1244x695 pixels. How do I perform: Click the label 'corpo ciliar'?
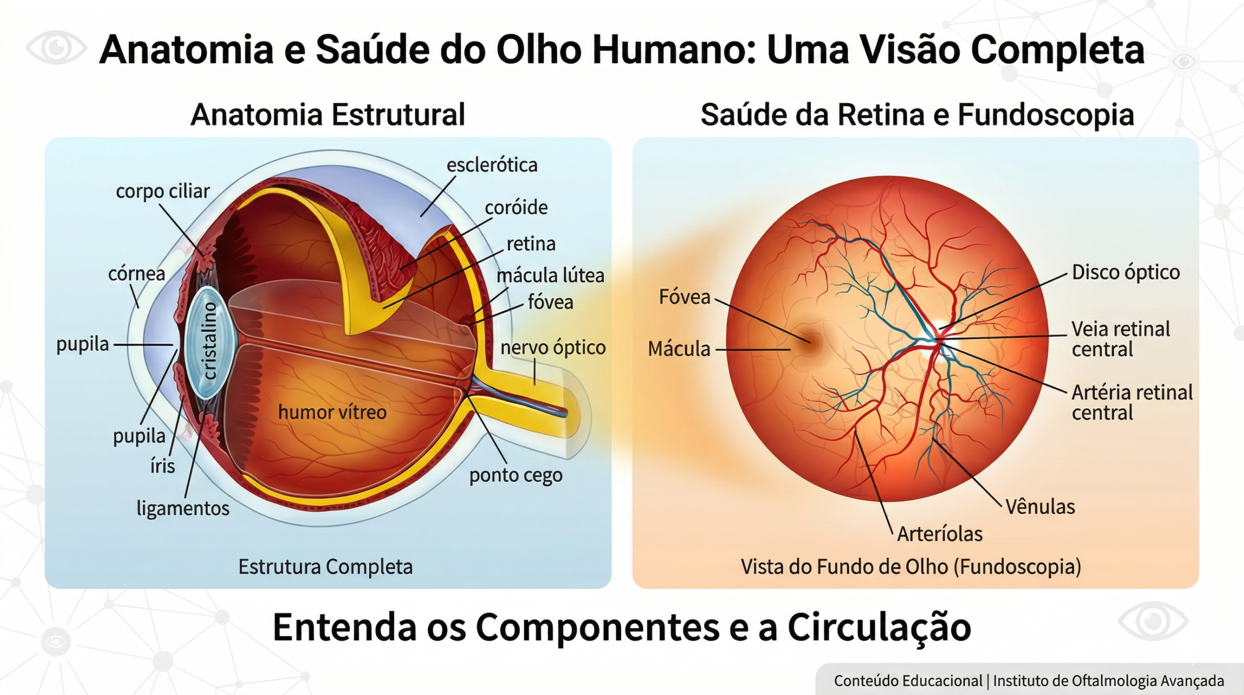[x=162, y=192]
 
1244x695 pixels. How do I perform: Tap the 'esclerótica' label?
[x=492, y=165]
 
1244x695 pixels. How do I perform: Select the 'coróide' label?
[x=516, y=208]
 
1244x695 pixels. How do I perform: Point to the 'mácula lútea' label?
[x=550, y=276]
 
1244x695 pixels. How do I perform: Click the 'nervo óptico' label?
[x=553, y=348]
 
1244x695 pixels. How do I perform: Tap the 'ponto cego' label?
[x=516, y=475]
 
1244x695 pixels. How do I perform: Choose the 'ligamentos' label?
[x=183, y=508]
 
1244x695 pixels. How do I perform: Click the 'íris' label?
[x=162, y=466]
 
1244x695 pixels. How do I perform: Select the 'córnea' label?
[x=137, y=274]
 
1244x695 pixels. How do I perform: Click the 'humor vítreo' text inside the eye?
[x=332, y=412]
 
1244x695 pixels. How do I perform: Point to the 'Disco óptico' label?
[x=1125, y=272]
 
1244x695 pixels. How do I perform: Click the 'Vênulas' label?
[x=1040, y=507]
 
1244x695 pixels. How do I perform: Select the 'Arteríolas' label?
[x=939, y=534]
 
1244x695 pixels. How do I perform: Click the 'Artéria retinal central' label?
[x=1132, y=403]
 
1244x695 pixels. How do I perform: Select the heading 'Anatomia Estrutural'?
[x=328, y=115]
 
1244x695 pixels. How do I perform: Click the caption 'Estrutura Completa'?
[x=325, y=567]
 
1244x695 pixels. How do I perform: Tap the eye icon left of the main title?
[x=56, y=48]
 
